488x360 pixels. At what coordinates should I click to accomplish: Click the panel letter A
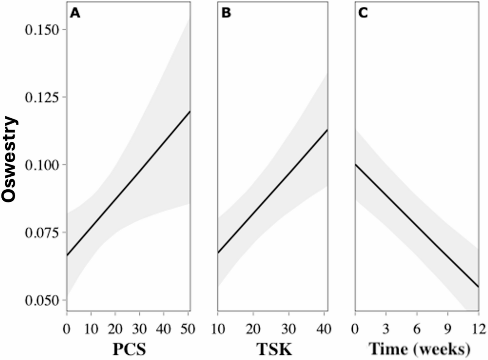click(x=75, y=13)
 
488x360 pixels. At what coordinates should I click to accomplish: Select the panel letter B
click(x=226, y=13)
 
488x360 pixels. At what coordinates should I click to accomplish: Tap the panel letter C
click(x=363, y=13)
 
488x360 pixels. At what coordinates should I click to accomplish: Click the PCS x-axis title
click(x=129, y=349)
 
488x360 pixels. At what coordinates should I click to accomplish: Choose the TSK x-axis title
click(x=274, y=349)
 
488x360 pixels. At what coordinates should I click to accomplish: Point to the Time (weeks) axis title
click(x=419, y=349)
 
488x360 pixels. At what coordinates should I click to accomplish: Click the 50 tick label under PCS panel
click(x=187, y=329)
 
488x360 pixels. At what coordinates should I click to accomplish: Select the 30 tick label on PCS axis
click(x=139, y=329)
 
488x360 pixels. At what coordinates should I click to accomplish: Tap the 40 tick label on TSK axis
click(x=324, y=329)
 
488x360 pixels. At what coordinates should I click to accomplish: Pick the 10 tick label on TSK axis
click(x=218, y=329)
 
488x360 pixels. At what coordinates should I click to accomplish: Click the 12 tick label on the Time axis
click(x=478, y=329)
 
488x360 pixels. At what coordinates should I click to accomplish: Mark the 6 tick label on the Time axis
click(x=417, y=329)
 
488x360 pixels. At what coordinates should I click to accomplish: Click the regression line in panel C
click(x=417, y=226)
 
